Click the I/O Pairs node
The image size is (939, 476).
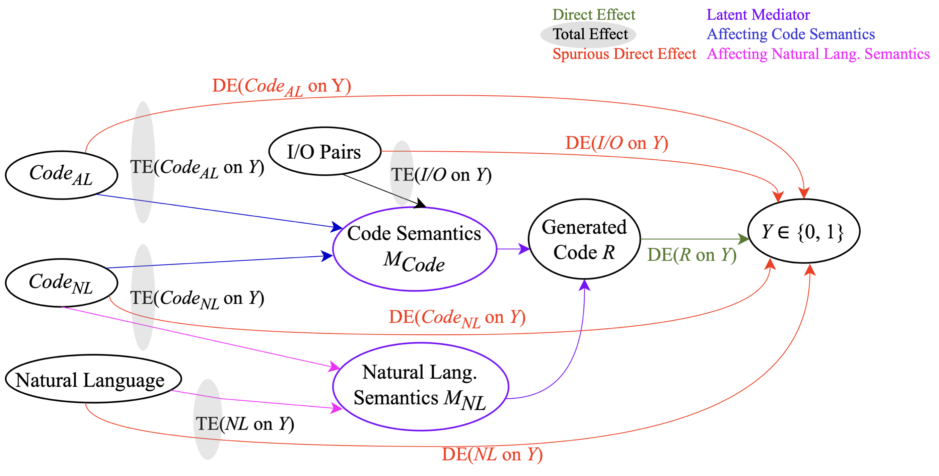pos(324,151)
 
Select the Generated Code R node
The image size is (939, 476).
pos(584,239)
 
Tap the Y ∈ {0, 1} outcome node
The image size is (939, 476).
pos(803,231)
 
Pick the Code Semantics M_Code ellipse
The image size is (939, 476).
pos(415,249)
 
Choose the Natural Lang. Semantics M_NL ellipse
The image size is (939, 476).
pos(420,386)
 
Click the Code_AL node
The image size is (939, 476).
pos(61,175)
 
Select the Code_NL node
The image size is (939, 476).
pos(61,283)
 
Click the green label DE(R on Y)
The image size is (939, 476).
pos(692,255)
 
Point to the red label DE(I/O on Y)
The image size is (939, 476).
pos(617,143)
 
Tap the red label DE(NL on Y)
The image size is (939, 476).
pos(492,455)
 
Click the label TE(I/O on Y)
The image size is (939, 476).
pos(441,175)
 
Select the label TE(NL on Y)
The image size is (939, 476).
pos(244,424)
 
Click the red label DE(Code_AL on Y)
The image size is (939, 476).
pos(281,87)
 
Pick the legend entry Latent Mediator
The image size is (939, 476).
pos(758,15)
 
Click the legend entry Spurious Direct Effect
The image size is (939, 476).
pos(624,54)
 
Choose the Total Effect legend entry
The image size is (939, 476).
pos(590,34)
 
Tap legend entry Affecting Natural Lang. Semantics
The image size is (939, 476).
pos(818,54)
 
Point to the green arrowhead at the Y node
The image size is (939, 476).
pos(743,239)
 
